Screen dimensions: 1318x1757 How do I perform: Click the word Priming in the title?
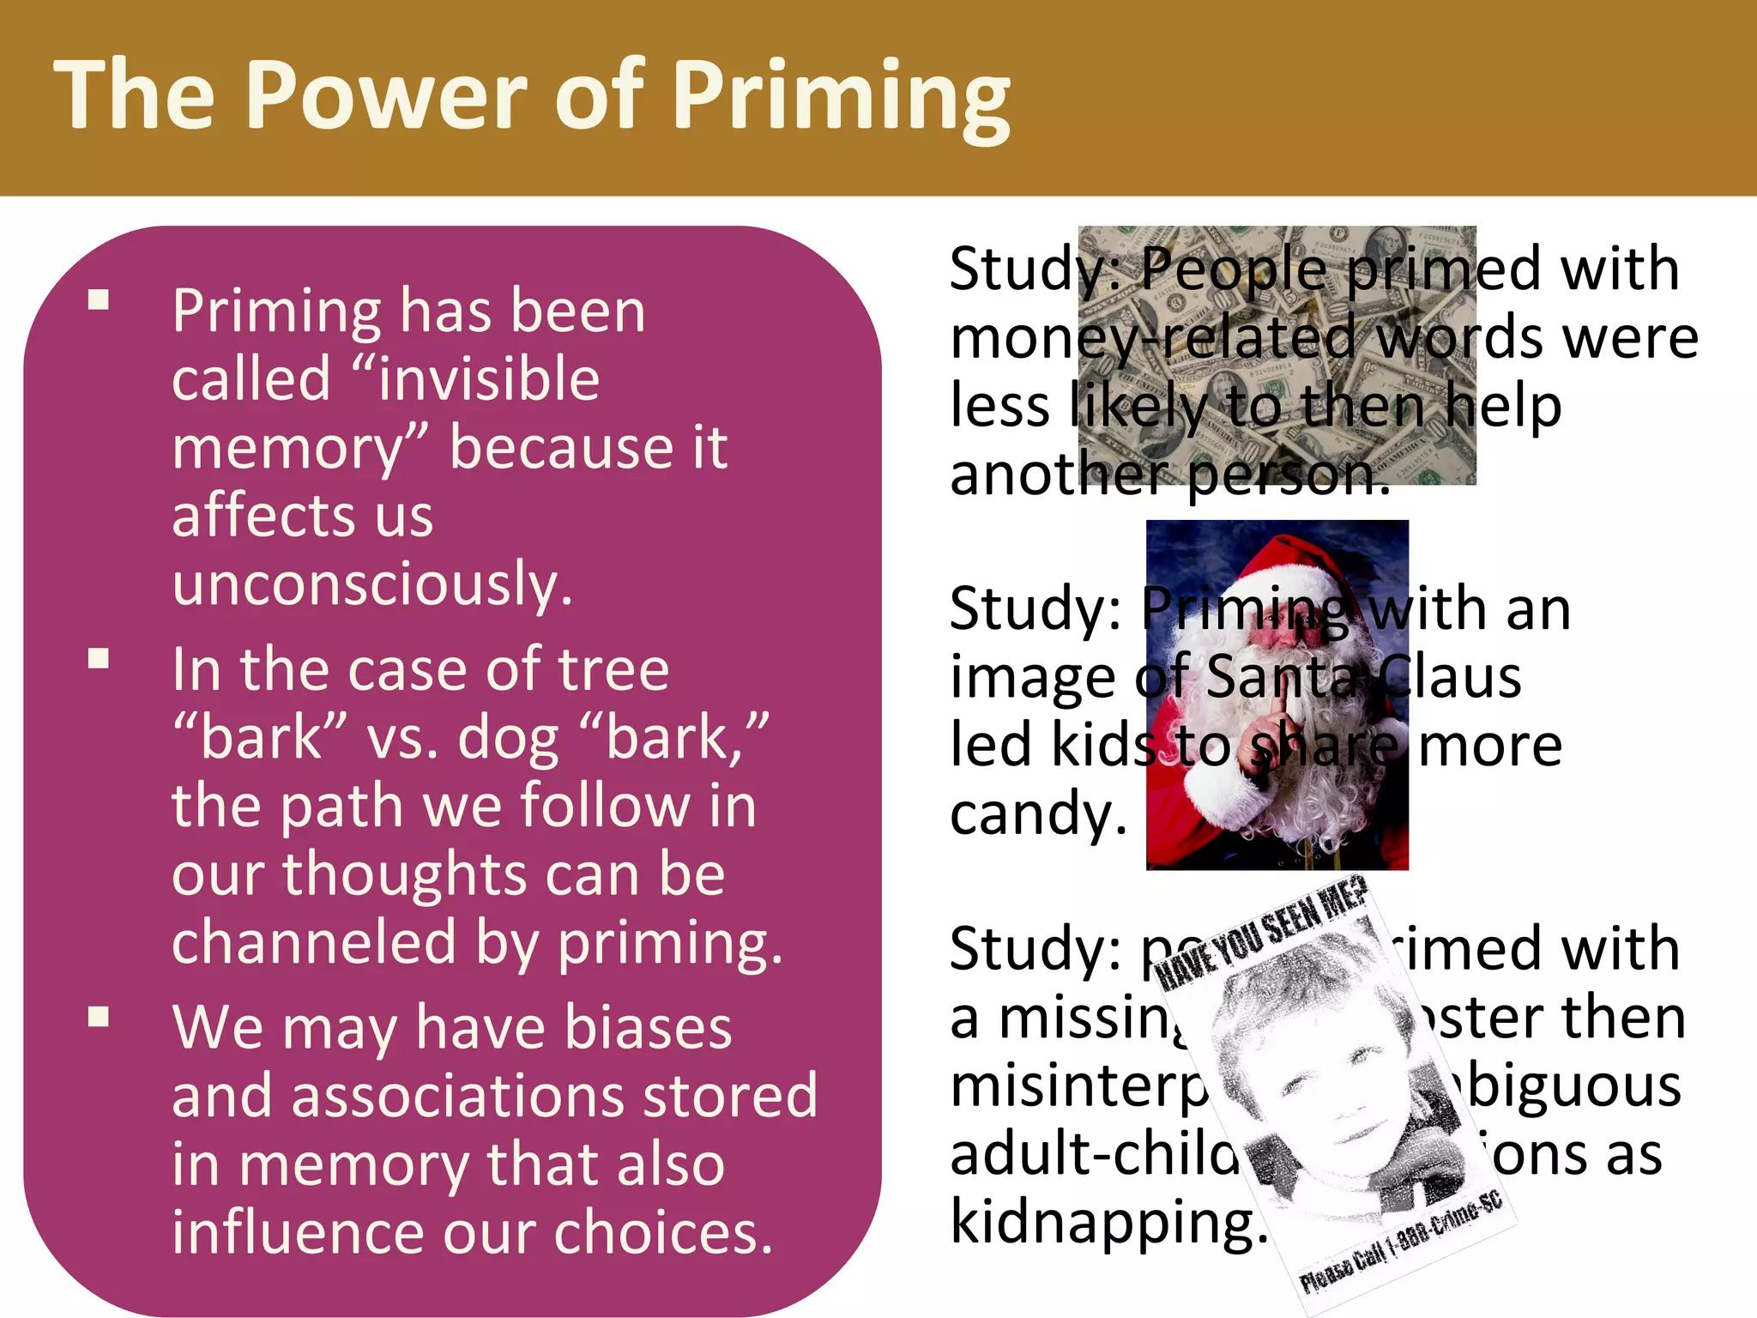[841, 96]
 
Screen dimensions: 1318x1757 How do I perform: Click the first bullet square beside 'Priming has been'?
[99, 299]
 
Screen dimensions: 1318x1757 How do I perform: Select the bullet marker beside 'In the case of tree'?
[99, 658]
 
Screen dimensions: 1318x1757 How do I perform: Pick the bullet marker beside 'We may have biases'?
[99, 1017]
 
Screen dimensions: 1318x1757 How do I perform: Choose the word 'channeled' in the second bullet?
[314, 942]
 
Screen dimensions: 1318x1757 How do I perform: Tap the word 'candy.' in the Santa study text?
[1038, 813]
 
